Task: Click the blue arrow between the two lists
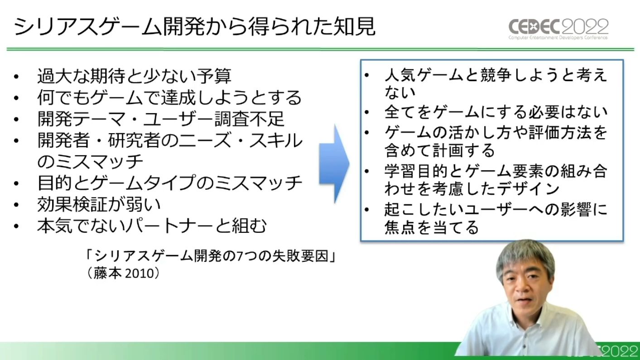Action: click(334, 164)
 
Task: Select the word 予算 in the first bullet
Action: click(214, 76)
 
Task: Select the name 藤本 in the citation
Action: click(106, 274)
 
